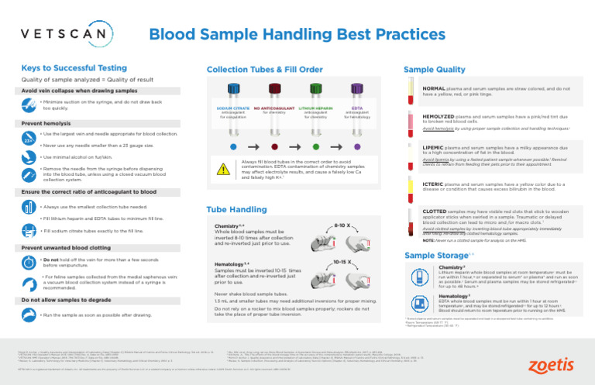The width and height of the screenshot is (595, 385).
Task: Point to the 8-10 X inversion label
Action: [x=342, y=225]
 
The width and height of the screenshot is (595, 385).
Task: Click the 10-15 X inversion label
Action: [x=342, y=263]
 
